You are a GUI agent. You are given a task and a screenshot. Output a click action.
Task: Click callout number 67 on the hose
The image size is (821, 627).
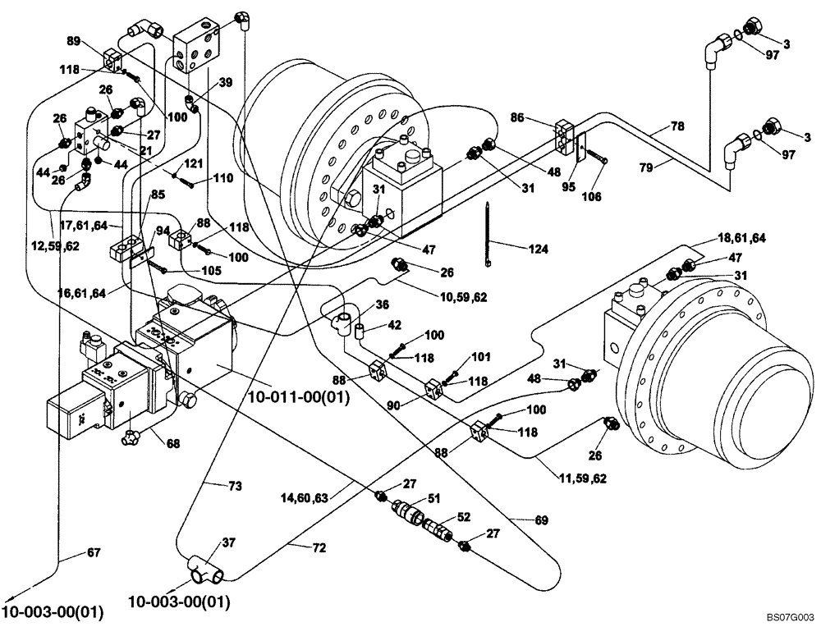[x=94, y=552]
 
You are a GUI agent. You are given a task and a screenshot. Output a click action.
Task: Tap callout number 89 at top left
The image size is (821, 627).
[x=72, y=40]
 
